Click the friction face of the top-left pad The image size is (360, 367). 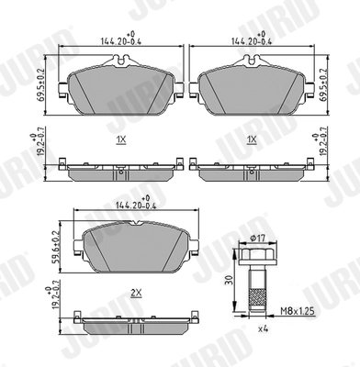point(119,87)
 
